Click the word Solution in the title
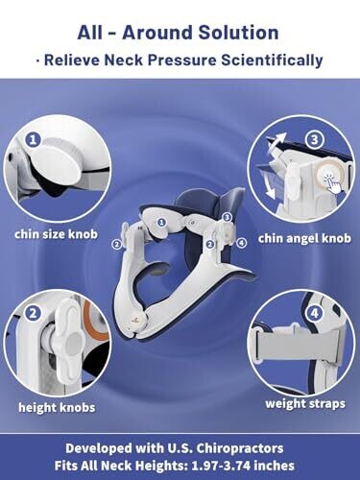pos(238,33)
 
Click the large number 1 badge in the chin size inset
pos(33,140)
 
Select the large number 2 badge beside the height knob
pos(33,314)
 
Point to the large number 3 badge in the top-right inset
pos(315,140)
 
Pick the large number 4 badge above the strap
pos(315,313)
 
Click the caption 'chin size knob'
pos(56,234)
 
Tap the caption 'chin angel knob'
pos(304,238)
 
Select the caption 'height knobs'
pos(57,407)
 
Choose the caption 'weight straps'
pos(305,403)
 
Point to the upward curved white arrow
pos(276,140)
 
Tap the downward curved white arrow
pos(270,189)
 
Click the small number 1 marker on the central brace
pos(162,222)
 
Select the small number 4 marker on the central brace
pos(242,243)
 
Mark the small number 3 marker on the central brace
pos(227,217)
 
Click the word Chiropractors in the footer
pos(239,448)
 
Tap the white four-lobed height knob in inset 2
pos(71,342)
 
